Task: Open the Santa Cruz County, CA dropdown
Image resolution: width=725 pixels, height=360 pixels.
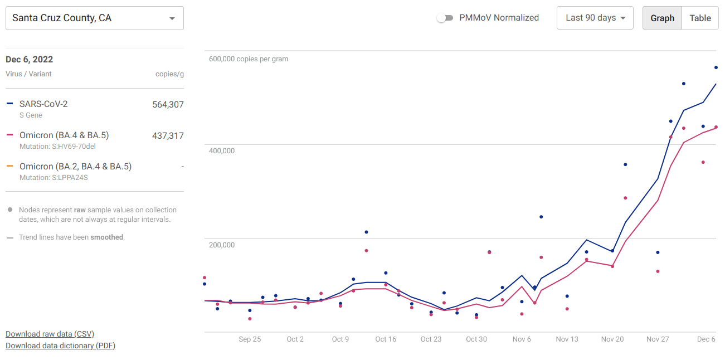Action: click(94, 18)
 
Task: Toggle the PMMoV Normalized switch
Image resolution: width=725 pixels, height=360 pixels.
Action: click(444, 18)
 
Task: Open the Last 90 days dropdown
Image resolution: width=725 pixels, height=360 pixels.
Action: click(595, 18)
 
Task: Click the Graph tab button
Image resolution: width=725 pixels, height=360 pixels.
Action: click(662, 18)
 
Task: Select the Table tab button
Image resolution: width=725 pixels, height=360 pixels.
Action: click(700, 18)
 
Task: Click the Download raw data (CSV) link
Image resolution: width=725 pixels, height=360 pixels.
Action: click(50, 334)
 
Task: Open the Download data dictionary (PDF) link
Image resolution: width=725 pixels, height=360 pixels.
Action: click(60, 346)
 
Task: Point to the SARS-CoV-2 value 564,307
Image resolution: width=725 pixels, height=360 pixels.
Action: click(168, 104)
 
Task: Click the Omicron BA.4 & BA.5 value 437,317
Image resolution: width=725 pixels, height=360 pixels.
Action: click(168, 135)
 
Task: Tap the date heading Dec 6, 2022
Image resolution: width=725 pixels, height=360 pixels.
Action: click(30, 60)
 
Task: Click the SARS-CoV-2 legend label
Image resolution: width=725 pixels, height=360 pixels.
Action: click(43, 104)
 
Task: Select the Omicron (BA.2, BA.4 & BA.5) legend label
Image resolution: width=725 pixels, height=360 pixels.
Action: click(75, 166)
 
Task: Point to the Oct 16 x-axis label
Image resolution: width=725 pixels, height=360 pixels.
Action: click(386, 339)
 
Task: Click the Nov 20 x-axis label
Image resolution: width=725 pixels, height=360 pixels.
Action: click(612, 339)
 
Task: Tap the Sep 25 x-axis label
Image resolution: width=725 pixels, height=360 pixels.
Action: click(250, 339)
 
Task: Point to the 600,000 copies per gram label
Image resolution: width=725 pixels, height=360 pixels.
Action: click(249, 59)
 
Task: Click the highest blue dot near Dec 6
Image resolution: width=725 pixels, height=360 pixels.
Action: click(716, 67)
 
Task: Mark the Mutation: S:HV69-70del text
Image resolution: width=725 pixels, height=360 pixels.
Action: click(54, 147)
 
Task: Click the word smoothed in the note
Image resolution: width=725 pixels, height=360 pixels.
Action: click(106, 237)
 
